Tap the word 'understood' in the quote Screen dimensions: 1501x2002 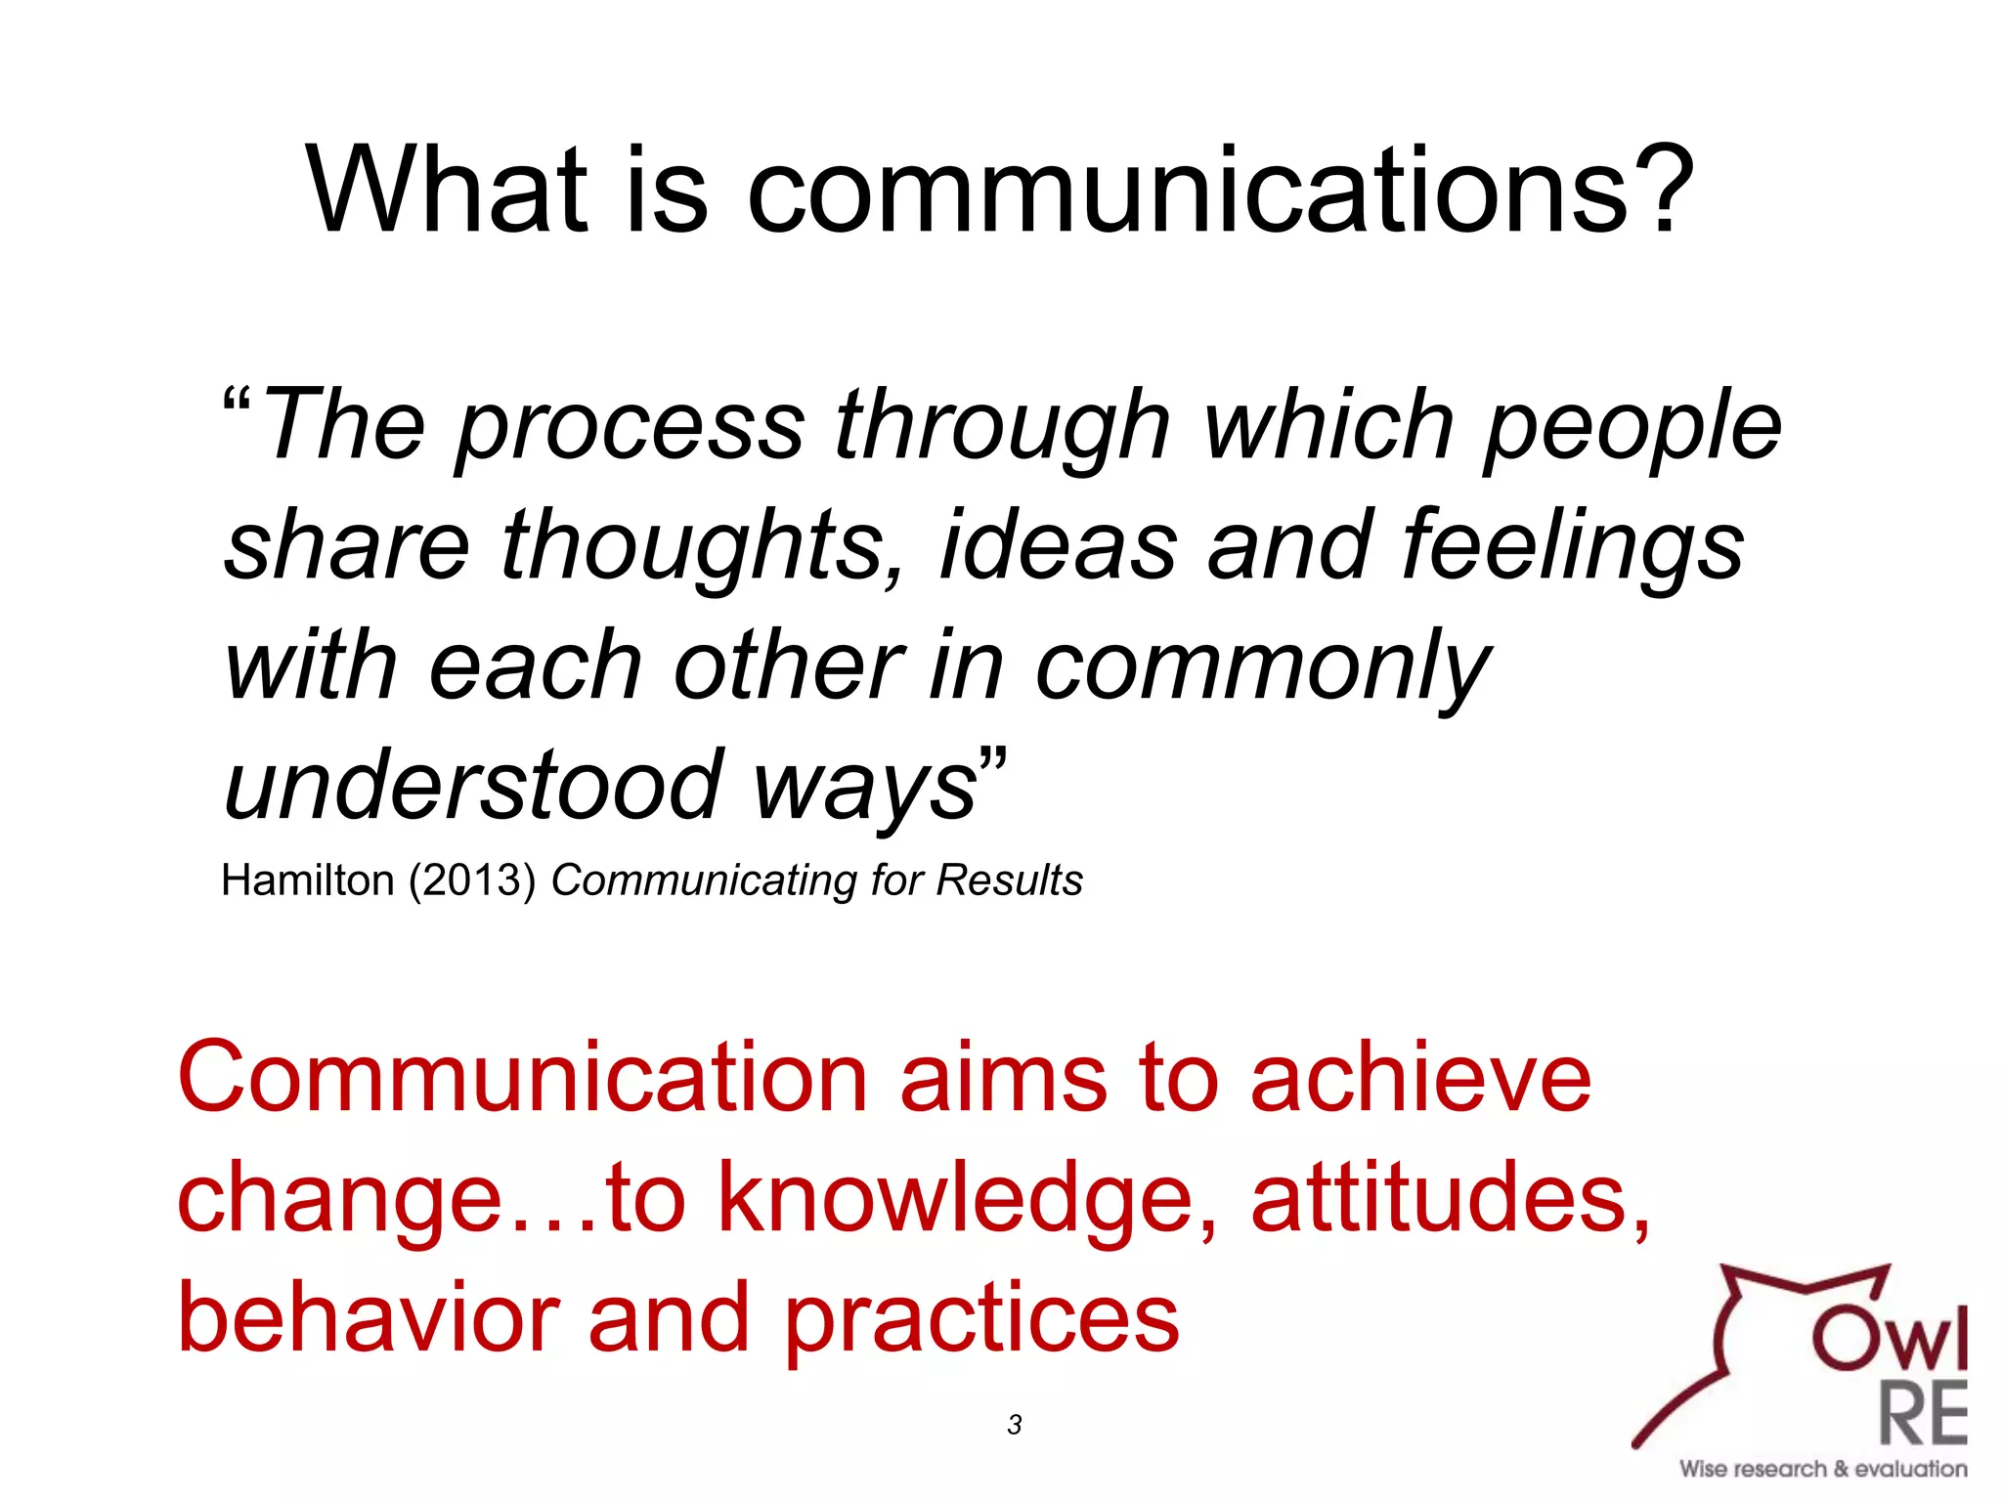473,785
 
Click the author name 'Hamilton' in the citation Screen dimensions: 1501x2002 307,880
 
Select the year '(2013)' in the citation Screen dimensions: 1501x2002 472,880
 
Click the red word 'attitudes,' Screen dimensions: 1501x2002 1451,1198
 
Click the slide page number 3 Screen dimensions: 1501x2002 1014,1425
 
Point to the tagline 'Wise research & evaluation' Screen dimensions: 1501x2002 1823,1469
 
